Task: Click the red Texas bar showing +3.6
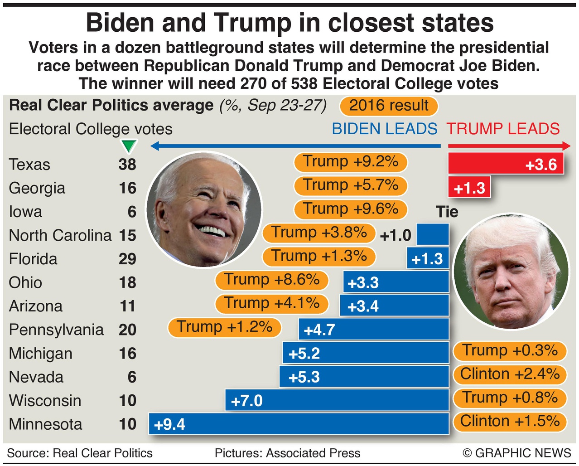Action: (506, 164)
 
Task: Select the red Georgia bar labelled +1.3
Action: (469, 187)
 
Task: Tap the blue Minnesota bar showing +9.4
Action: (299, 424)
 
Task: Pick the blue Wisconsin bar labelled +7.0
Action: (337, 400)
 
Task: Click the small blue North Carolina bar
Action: (433, 235)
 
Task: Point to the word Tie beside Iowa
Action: (447, 212)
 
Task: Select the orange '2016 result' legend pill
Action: (388, 106)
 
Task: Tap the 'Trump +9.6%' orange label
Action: (350, 209)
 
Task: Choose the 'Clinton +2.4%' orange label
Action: (510, 374)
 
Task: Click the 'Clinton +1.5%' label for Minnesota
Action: (510, 421)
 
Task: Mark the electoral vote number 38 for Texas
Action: (127, 164)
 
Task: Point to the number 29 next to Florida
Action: (127, 259)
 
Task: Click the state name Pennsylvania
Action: (56, 330)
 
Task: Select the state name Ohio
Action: (25, 282)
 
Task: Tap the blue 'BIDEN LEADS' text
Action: (384, 129)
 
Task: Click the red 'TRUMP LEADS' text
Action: (503, 129)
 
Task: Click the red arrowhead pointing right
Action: (566, 146)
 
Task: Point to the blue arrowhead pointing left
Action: (154, 146)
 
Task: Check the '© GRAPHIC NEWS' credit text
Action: (516, 453)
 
